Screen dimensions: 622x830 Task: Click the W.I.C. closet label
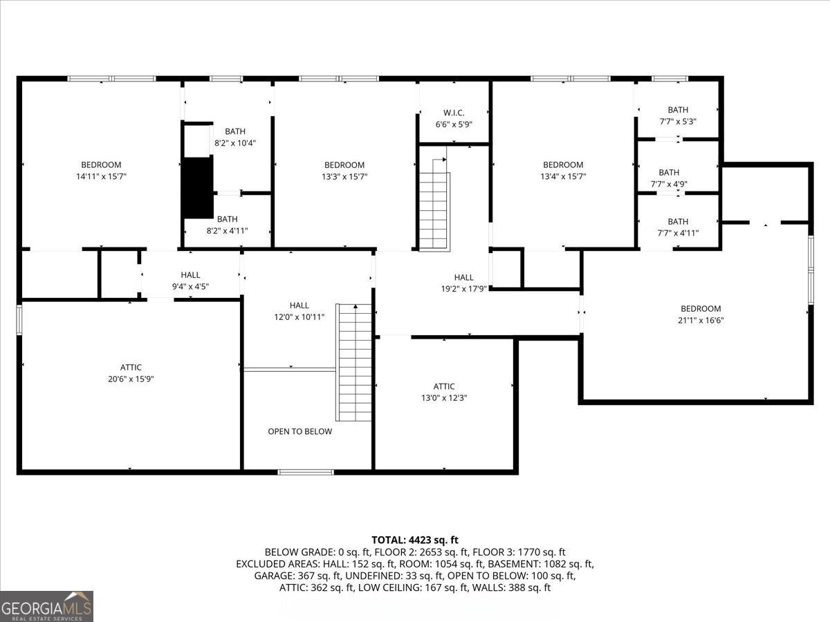pos(454,113)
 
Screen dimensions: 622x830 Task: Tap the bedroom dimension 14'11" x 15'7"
pos(101,177)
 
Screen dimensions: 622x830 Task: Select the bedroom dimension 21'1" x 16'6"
pos(701,320)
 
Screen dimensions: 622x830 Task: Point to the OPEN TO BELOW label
pos(299,431)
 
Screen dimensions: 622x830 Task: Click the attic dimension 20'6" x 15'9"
pos(131,379)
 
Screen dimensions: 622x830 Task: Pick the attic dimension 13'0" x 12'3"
pos(444,398)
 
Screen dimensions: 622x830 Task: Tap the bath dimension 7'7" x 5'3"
pos(678,121)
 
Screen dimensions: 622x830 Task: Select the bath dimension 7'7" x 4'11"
pos(678,233)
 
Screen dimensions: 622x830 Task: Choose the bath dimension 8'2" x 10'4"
pos(235,143)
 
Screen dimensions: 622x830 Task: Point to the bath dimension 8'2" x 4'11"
pos(227,231)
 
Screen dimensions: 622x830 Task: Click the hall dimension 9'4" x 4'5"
pos(190,286)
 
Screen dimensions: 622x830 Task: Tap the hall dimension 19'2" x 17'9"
pos(464,289)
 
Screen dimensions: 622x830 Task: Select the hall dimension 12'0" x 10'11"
pos(299,317)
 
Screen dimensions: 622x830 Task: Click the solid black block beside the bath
pos(197,187)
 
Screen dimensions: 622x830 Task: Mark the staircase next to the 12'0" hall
pos(354,362)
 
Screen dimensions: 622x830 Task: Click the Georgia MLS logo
pos(46,606)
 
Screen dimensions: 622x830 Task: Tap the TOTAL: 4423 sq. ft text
pos(414,540)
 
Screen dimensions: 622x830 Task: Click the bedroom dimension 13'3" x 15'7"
pos(344,177)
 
